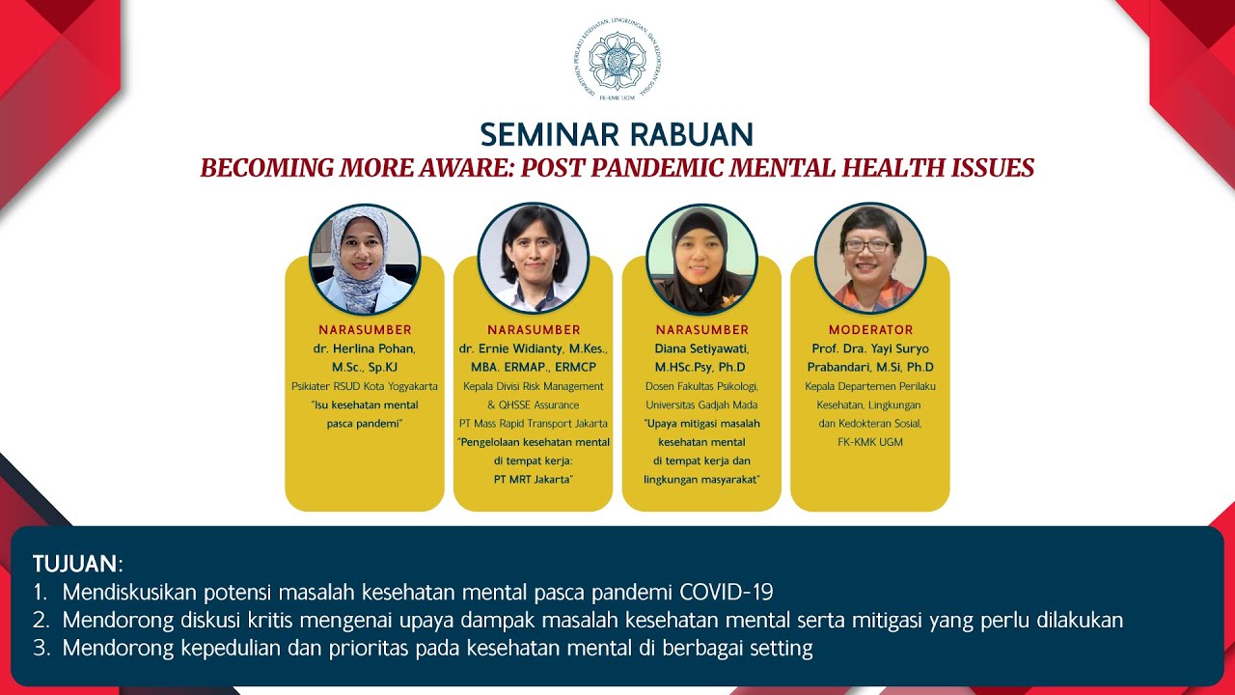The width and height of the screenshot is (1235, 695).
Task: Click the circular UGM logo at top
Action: pyautogui.click(x=617, y=60)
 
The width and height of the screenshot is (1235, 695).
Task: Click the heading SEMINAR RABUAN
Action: pyautogui.click(x=617, y=134)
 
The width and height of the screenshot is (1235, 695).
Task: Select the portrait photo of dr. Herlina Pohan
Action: pyautogui.click(x=365, y=259)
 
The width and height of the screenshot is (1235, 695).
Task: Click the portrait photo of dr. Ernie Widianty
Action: pyautogui.click(x=533, y=259)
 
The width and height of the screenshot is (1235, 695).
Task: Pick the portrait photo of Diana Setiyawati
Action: pyautogui.click(x=701, y=259)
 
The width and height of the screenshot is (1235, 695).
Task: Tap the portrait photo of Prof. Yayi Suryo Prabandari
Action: pyautogui.click(x=870, y=259)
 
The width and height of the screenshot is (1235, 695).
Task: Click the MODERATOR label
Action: pyautogui.click(x=870, y=330)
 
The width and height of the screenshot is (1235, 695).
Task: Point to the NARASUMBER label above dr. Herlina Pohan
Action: pyautogui.click(x=365, y=330)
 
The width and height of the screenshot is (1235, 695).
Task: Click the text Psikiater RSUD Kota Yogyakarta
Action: pyautogui.click(x=365, y=386)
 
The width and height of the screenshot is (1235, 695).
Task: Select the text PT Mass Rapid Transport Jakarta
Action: pyautogui.click(x=533, y=424)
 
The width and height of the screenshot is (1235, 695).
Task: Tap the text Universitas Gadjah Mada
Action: pyautogui.click(x=701, y=404)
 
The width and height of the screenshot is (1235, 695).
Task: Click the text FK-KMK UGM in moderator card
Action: pyautogui.click(x=870, y=442)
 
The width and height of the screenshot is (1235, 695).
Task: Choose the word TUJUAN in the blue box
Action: pyautogui.click(x=75, y=564)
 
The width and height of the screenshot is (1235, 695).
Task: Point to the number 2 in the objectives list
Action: pyautogui.click(x=41, y=620)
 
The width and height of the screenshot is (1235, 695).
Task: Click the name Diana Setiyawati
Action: pyautogui.click(x=701, y=348)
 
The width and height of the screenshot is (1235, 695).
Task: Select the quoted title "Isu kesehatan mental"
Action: pyautogui.click(x=365, y=404)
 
